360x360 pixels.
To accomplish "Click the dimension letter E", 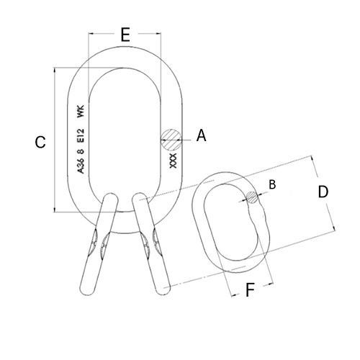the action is pos(125,35).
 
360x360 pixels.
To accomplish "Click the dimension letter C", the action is pos(40,142).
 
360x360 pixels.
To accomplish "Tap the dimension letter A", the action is pos(201,135).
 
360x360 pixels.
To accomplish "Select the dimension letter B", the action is pos(272,184).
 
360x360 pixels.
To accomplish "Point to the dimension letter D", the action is pos(323,192).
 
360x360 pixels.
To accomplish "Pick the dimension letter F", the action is pos(250,289).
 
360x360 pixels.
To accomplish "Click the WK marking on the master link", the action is pos(81,112).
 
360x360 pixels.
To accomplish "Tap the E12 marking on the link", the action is pos(81,135).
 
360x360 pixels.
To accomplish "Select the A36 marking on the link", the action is pos(81,166).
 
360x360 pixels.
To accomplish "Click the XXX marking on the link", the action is pos(173,161).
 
